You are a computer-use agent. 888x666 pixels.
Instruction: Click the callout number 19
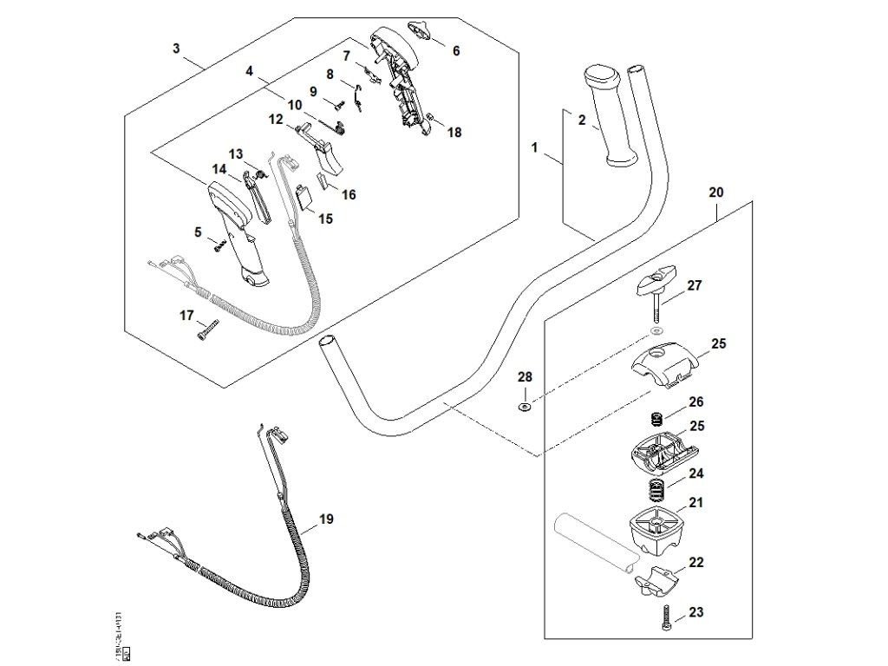pyautogui.click(x=326, y=519)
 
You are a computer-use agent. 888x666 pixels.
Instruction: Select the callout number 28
pyautogui.click(x=526, y=377)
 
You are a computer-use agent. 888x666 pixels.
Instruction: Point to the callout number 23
pyautogui.click(x=695, y=613)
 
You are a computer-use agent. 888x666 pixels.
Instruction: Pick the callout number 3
pyautogui.click(x=176, y=49)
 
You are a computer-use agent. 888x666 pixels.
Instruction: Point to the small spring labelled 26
pyautogui.click(x=657, y=418)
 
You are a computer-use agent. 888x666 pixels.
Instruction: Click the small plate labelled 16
pyautogui.click(x=322, y=181)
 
